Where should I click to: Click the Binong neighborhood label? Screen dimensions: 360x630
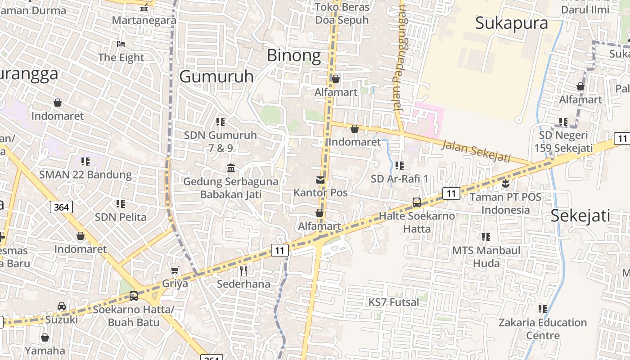[x=294, y=55]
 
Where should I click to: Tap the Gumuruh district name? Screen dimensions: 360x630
[x=216, y=76]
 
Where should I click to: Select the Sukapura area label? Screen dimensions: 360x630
[x=512, y=23]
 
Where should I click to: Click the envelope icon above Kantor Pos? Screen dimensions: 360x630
[x=320, y=180]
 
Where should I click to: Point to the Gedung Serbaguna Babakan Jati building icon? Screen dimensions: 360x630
[x=231, y=168]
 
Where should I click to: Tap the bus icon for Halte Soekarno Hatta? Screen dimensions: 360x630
[x=417, y=202]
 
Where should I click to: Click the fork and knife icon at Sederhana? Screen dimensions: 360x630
[x=243, y=270]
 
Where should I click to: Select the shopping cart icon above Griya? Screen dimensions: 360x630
[x=175, y=270]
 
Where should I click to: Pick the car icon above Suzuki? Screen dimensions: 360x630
[x=61, y=306]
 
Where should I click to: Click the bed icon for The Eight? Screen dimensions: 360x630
[x=121, y=44]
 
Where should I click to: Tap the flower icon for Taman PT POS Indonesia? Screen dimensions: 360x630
[x=505, y=183]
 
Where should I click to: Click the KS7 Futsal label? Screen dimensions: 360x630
[x=394, y=302]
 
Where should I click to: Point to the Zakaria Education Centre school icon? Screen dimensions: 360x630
[x=543, y=309]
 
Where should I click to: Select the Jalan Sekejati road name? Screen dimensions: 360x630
[x=476, y=151]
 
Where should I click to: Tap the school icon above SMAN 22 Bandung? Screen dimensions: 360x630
[x=85, y=161]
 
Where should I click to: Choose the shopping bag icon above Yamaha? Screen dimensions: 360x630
[x=45, y=337]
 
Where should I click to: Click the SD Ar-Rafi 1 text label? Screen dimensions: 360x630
[x=400, y=179]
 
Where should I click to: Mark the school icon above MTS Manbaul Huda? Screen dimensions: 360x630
[x=486, y=237]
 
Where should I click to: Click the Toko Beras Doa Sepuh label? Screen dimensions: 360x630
[x=342, y=13]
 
